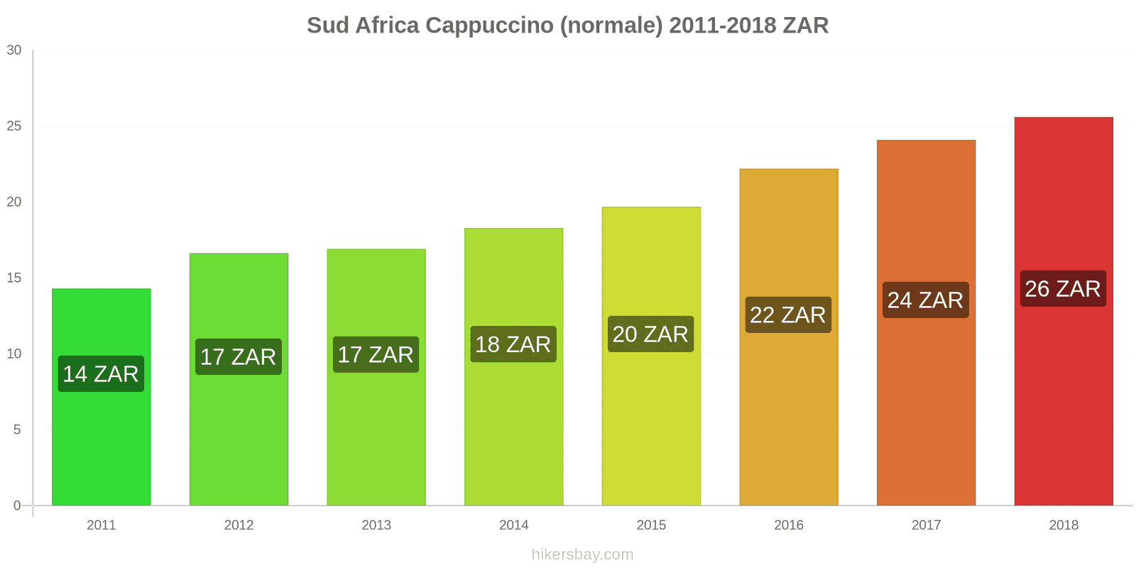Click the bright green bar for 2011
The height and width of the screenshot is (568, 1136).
click(101, 440)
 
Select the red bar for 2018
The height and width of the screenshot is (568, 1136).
click(1063, 398)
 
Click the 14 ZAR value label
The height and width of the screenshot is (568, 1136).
click(101, 374)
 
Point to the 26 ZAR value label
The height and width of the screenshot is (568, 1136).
click(1063, 289)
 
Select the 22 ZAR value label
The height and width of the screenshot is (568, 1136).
click(788, 315)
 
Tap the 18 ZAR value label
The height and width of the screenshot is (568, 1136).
click(513, 344)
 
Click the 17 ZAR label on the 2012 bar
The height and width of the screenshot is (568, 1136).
click(239, 356)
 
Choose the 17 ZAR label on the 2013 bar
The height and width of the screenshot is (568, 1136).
click(376, 355)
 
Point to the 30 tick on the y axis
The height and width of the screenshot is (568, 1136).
click(14, 50)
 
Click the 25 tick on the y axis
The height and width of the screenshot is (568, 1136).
click(14, 126)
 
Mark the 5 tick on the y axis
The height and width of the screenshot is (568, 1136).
click(17, 430)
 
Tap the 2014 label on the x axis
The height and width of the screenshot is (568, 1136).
click(513, 525)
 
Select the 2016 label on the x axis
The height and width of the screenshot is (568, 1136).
click(788, 525)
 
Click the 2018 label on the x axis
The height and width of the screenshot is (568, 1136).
click(1063, 525)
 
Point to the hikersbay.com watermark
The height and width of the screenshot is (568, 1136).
click(582, 555)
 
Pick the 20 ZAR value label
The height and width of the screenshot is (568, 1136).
click(650, 334)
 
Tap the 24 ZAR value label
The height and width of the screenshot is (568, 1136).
click(925, 300)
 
